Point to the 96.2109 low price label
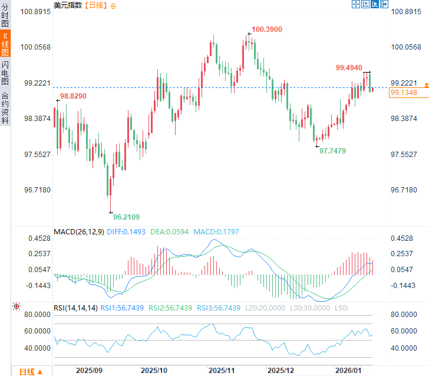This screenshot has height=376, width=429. (126, 217)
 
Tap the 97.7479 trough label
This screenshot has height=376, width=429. (332, 151)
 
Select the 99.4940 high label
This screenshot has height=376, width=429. (349, 68)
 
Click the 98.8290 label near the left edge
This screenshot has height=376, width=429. (73, 96)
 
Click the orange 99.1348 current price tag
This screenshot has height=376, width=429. (404, 93)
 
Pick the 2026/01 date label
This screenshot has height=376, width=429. (348, 371)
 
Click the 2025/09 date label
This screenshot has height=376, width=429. (90, 371)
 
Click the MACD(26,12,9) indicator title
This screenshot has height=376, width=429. (80, 232)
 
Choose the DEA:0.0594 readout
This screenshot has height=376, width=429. (170, 232)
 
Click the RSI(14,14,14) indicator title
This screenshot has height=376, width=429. (75, 307)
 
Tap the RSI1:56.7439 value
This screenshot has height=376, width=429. (123, 307)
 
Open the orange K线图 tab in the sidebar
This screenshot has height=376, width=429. (5, 44)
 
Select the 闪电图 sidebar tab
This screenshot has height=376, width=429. (5, 73)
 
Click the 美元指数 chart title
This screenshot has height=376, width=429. (68, 5)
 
